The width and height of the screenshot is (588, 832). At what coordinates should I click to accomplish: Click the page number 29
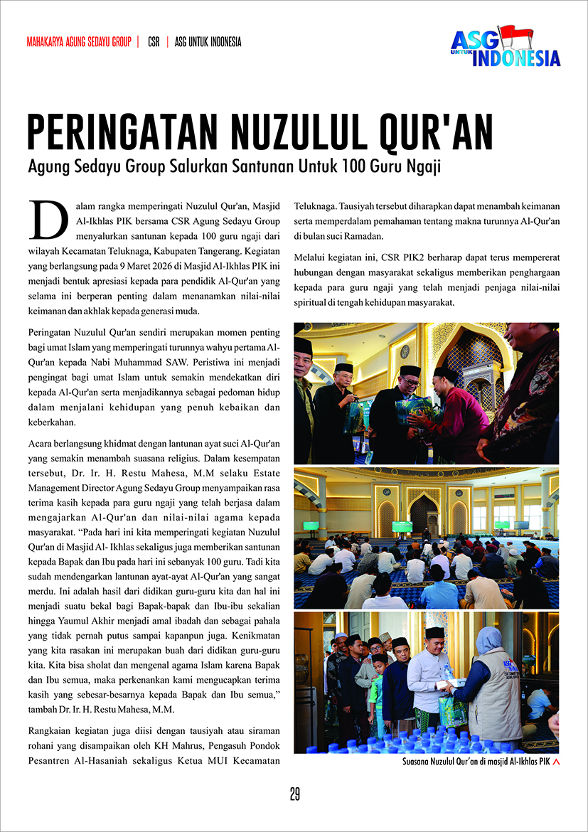[x=294, y=794]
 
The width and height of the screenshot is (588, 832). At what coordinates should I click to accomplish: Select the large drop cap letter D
[x=43, y=218]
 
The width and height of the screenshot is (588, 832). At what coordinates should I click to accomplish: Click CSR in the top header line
[x=154, y=42]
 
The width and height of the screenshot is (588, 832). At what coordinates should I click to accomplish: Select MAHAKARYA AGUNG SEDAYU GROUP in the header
[x=79, y=42]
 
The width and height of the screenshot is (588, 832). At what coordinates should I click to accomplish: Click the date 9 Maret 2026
[x=159, y=265]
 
